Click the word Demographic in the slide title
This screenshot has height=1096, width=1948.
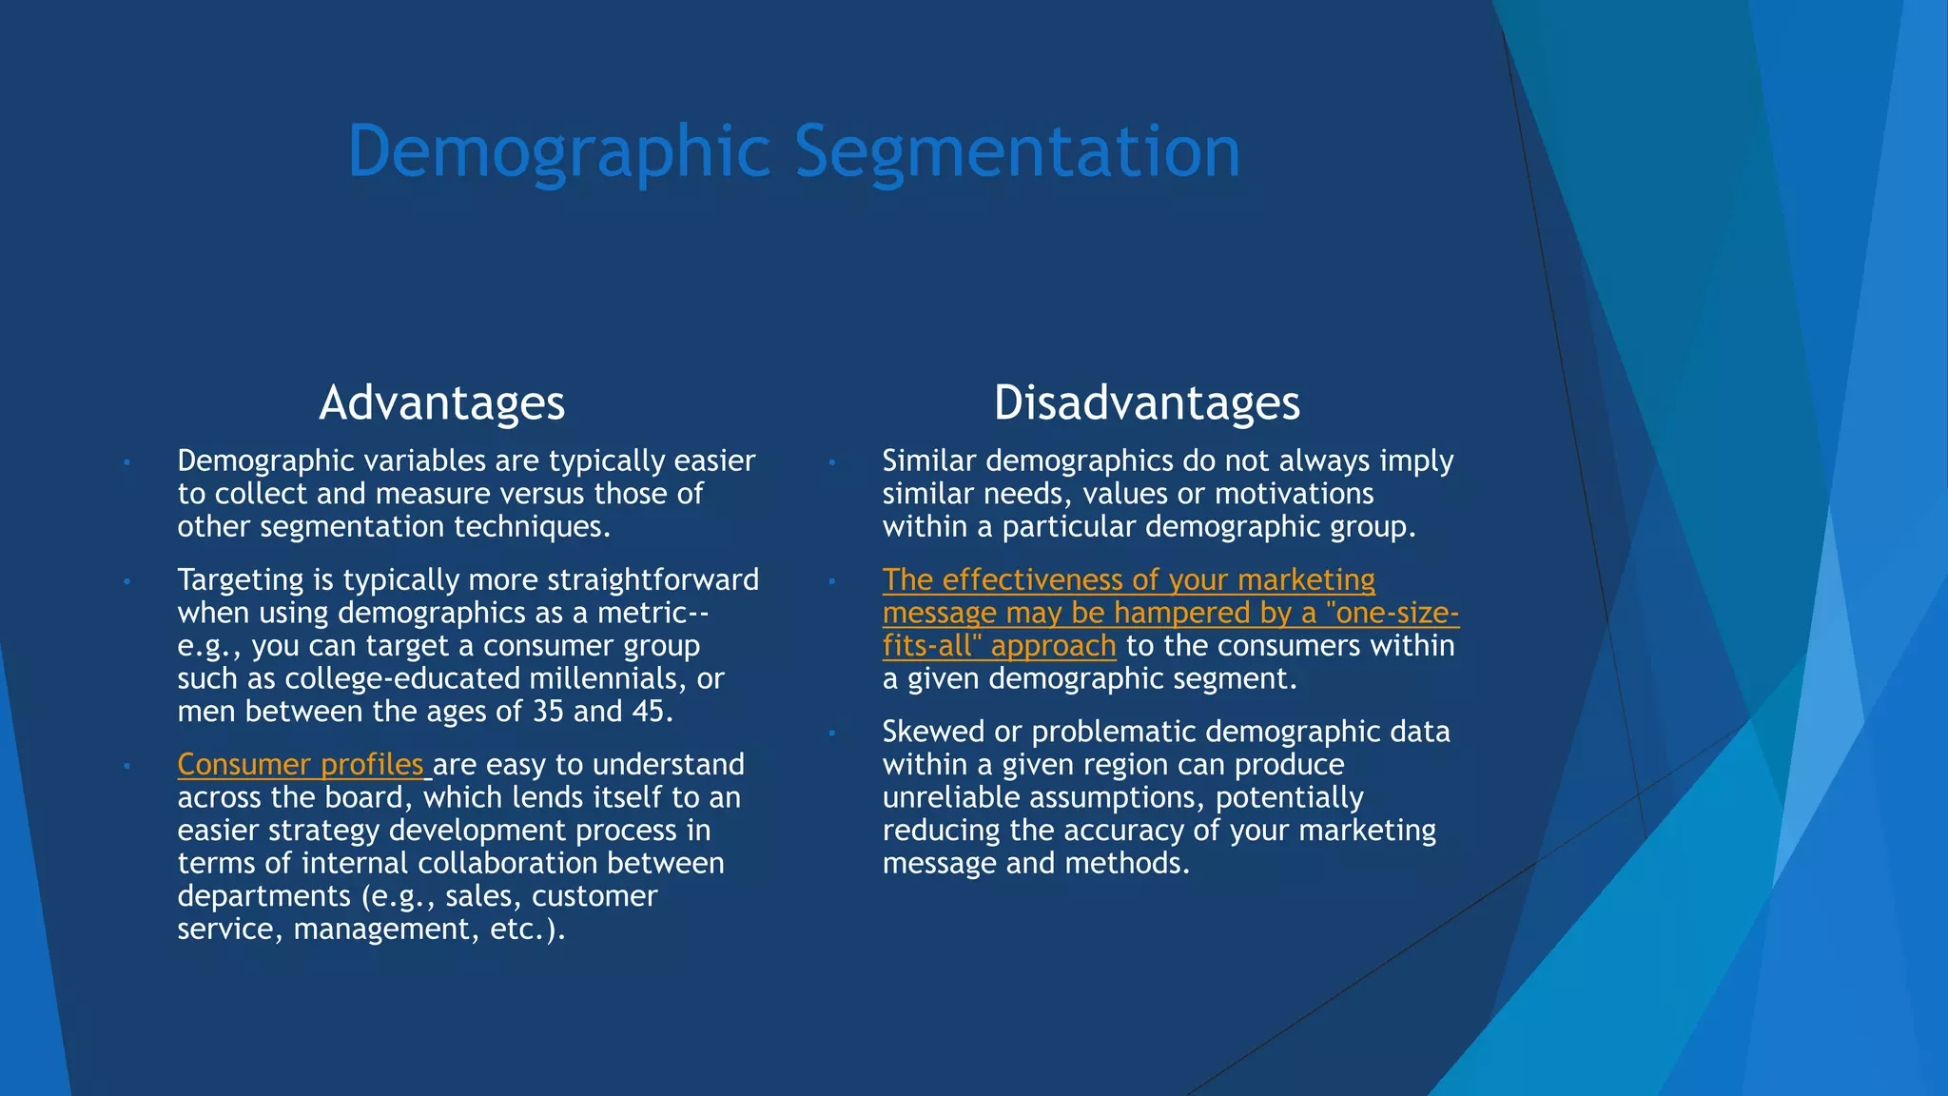(559, 152)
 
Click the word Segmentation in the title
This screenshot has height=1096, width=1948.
(1017, 152)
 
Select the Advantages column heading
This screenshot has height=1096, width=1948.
(441, 402)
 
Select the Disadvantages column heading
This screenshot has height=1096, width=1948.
(1146, 402)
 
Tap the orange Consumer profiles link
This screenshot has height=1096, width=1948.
(301, 765)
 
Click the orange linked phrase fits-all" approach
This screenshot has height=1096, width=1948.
(999, 646)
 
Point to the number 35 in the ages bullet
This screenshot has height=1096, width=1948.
(548, 712)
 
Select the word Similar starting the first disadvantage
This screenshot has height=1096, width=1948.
(928, 461)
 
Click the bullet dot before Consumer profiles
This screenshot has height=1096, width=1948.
(127, 766)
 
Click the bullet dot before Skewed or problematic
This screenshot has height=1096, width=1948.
(831, 733)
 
